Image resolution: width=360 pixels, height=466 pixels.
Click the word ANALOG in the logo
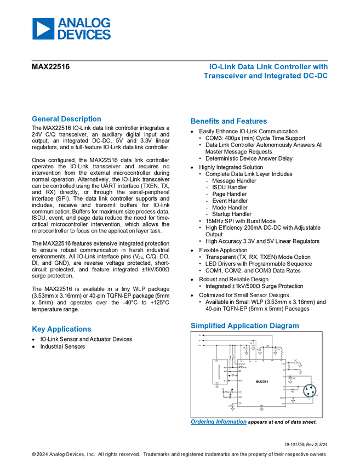[84, 23]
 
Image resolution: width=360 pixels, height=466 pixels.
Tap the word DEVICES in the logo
[84, 34]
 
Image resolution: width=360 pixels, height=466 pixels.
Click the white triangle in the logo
[44, 29]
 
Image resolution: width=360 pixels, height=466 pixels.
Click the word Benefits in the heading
[204, 121]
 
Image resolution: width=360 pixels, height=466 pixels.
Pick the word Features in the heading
[252, 121]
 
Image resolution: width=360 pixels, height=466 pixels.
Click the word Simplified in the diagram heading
[207, 326]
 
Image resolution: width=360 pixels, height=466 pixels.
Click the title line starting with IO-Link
[268, 67]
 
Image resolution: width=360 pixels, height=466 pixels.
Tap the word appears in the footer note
[259, 422]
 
